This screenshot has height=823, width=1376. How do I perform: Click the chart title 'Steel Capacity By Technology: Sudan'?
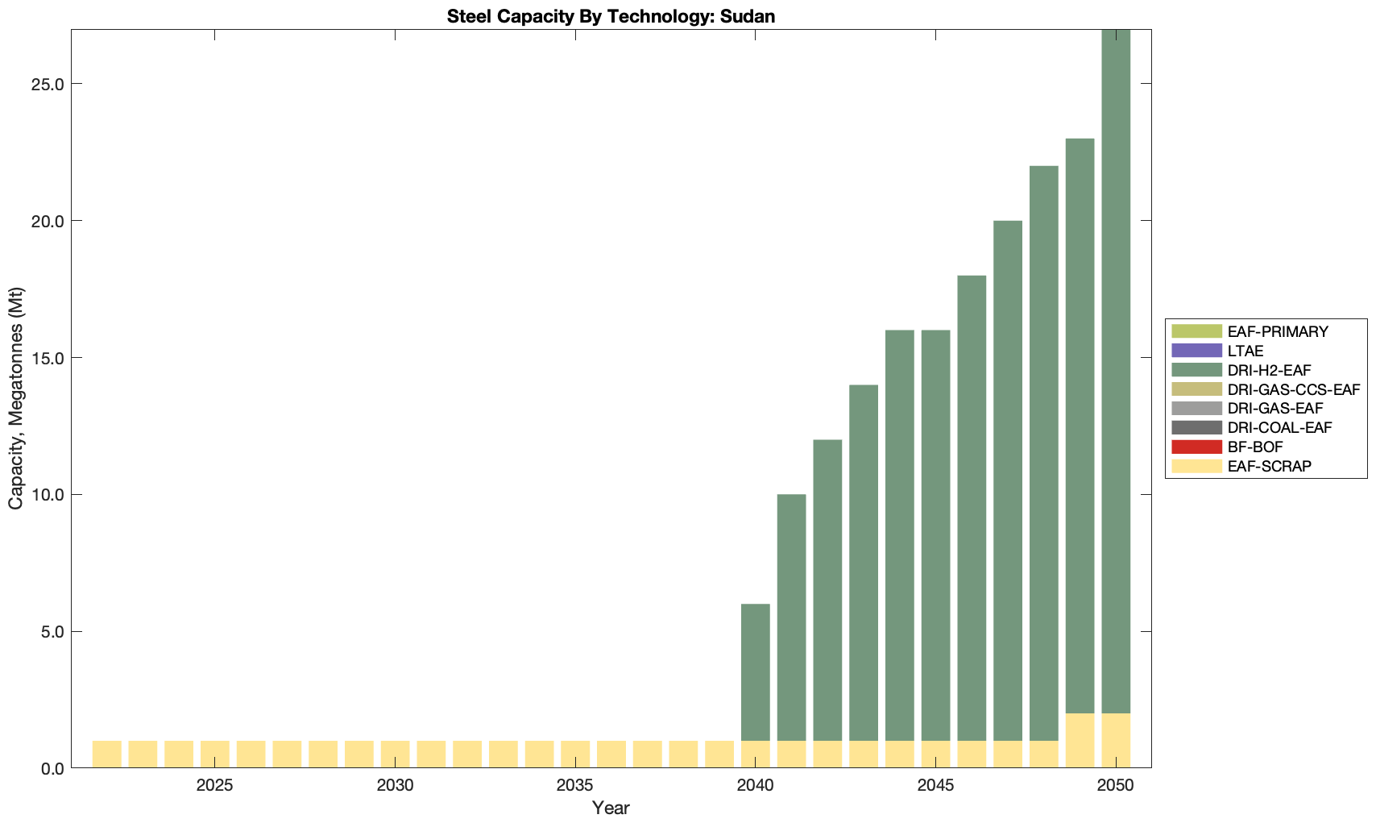(x=611, y=16)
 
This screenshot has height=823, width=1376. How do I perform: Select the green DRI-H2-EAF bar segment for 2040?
(x=755, y=672)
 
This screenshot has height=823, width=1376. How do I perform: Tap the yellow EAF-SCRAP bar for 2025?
(x=214, y=754)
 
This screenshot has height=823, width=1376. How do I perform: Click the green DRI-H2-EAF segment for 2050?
(x=1116, y=371)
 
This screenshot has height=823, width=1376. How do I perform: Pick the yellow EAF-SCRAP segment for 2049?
(x=1080, y=741)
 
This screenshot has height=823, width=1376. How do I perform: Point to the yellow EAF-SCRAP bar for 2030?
(x=395, y=754)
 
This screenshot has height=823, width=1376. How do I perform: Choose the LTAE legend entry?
(x=1245, y=351)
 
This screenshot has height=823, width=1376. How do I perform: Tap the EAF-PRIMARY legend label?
(x=1277, y=331)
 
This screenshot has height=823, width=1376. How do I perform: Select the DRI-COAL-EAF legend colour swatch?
(x=1197, y=427)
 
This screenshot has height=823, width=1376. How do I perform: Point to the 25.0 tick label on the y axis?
(x=48, y=84)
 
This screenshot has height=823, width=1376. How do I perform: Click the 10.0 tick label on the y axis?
(x=48, y=495)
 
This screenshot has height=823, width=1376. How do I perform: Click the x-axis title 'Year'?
(x=611, y=808)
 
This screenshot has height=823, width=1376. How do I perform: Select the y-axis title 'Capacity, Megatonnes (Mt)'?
(x=16, y=398)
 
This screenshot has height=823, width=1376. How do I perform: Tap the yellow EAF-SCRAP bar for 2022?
(x=106, y=754)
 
